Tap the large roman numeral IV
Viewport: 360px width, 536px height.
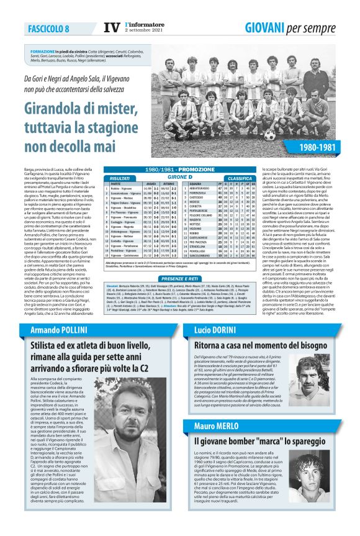(x=111, y=27)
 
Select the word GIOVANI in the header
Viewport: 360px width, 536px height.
(x=267, y=27)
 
